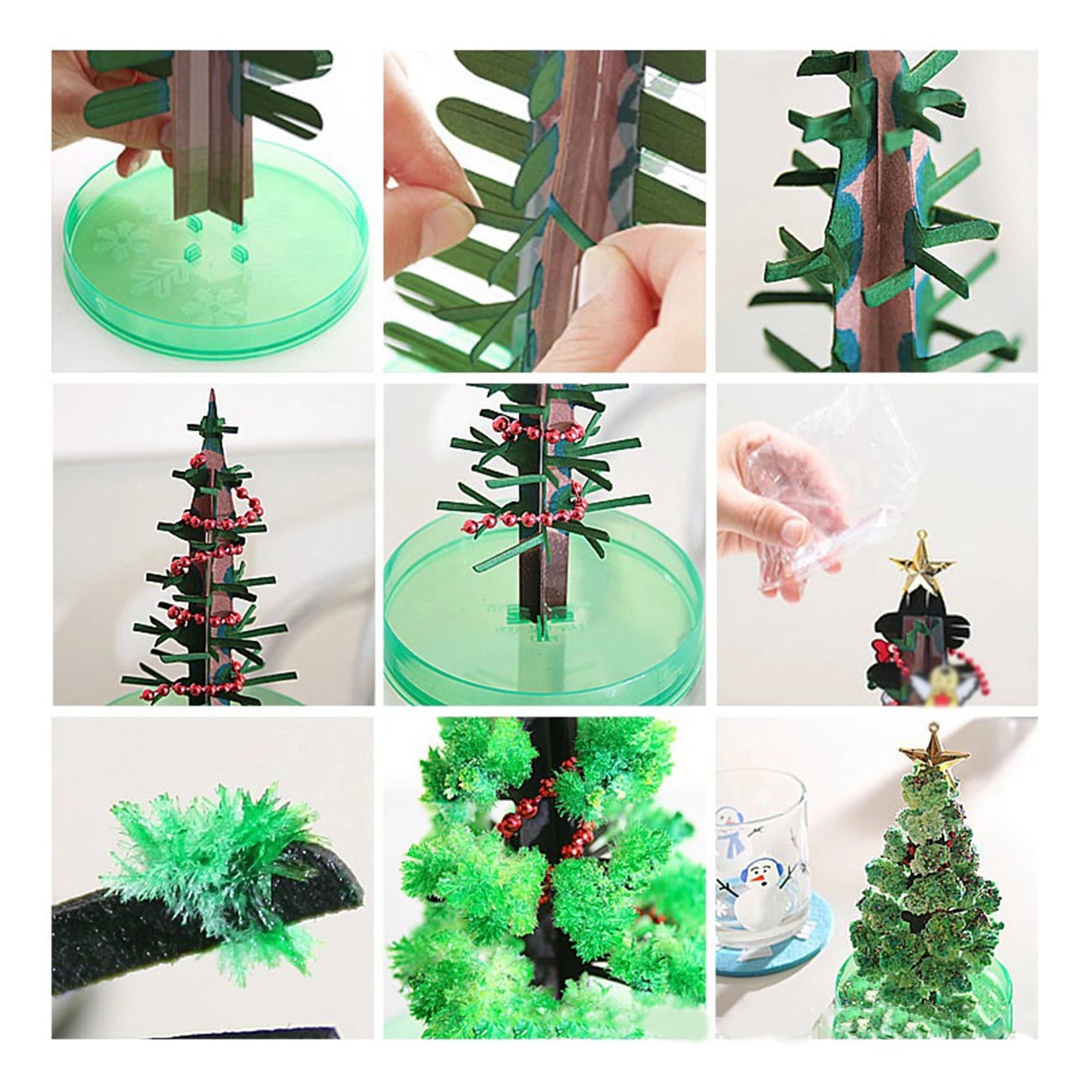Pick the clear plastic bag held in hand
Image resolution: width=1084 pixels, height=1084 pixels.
click(833, 465)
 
